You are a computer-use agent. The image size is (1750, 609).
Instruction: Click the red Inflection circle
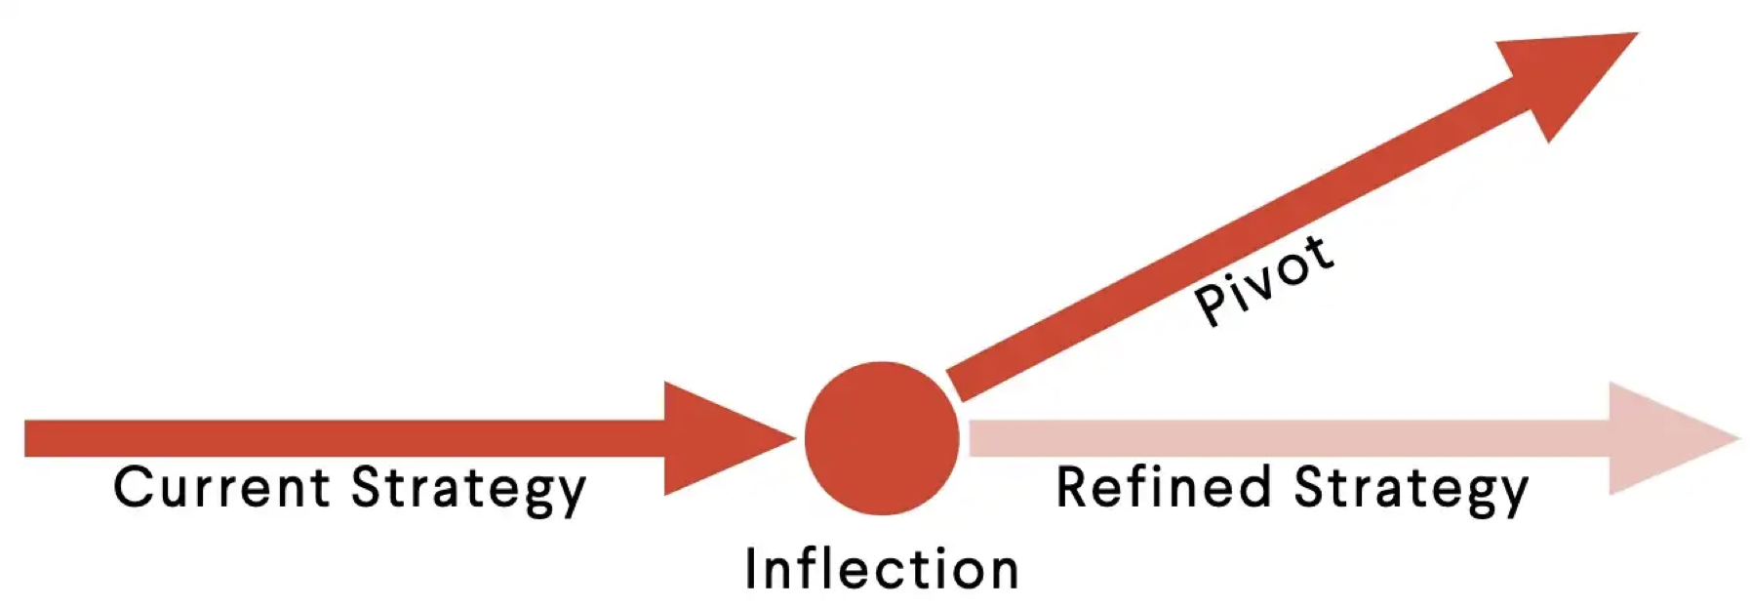point(882,438)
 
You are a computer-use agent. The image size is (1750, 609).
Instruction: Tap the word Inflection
point(882,569)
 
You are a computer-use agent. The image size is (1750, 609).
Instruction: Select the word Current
point(221,487)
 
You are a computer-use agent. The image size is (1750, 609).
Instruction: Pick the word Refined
point(1164,487)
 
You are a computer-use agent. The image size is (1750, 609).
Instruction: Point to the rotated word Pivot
point(1264,280)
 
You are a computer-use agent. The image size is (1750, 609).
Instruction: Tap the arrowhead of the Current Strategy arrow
point(717,438)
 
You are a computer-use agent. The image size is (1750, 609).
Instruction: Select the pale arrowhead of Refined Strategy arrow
point(1663,438)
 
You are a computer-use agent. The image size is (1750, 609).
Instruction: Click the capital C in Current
point(133,487)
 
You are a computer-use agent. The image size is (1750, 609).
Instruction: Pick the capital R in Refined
point(1074,487)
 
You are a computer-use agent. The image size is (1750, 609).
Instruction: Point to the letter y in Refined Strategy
point(1511,494)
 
